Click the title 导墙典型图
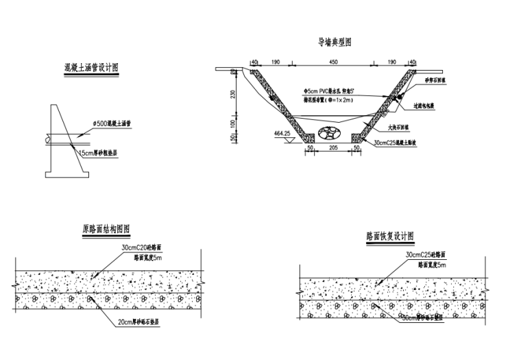pos(335,42)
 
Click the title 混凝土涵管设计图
pos(91,68)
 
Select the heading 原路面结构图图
pos(106,229)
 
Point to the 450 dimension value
pos(333,63)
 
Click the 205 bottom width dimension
pos(333,147)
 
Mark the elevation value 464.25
pos(282,133)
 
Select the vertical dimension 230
pos(233,95)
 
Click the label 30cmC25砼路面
pos(426,255)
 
